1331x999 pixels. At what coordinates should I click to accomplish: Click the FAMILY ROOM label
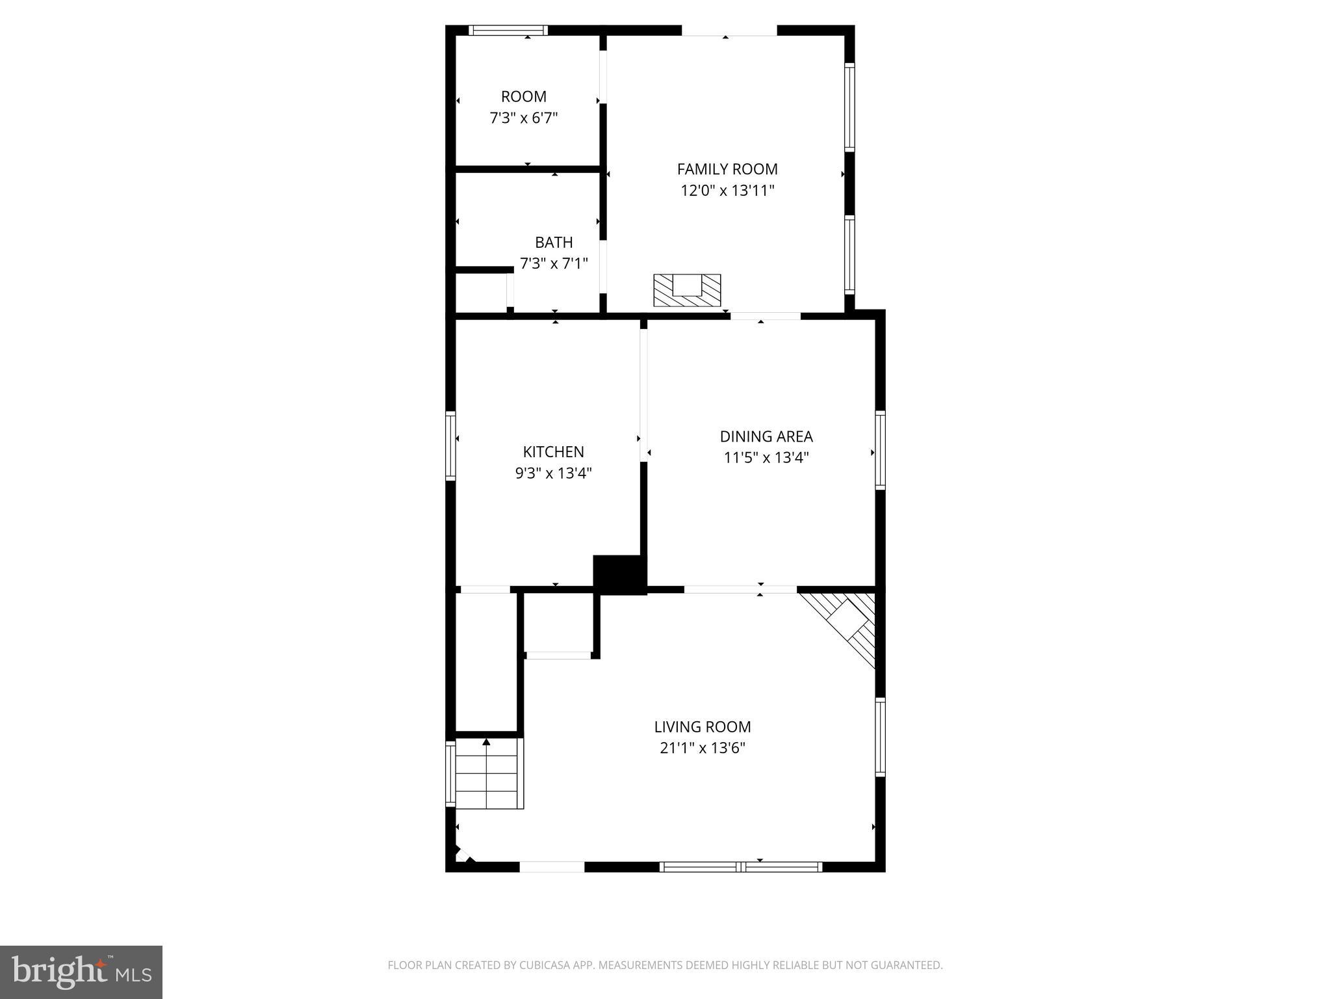click(x=727, y=169)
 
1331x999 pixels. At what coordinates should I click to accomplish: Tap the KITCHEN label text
click(x=553, y=451)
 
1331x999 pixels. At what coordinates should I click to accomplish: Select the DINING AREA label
click(x=766, y=436)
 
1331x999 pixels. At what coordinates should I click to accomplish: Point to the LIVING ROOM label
click(x=702, y=726)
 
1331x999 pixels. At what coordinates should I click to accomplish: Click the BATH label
click(x=554, y=243)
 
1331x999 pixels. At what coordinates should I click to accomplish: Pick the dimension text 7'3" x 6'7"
click(x=524, y=118)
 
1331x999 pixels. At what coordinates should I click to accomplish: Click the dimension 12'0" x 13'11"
click(x=727, y=191)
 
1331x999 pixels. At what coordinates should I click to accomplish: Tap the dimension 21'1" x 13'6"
click(x=702, y=748)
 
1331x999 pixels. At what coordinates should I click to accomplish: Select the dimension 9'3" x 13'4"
click(x=553, y=473)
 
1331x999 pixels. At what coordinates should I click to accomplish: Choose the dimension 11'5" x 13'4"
click(x=766, y=458)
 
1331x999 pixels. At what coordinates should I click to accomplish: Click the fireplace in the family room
click(x=687, y=290)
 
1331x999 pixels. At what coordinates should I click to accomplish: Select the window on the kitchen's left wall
click(x=450, y=446)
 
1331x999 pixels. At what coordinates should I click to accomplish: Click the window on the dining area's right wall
click(x=880, y=449)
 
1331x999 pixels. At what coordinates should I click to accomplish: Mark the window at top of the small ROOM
click(x=508, y=30)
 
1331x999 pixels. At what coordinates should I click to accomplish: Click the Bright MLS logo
click(x=81, y=972)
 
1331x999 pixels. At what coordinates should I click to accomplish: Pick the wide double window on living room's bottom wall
click(x=741, y=866)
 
